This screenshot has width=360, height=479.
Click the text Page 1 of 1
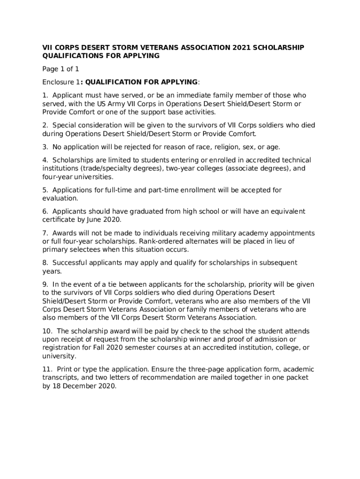(x=58, y=69)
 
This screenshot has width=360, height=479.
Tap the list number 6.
(x=45, y=211)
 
